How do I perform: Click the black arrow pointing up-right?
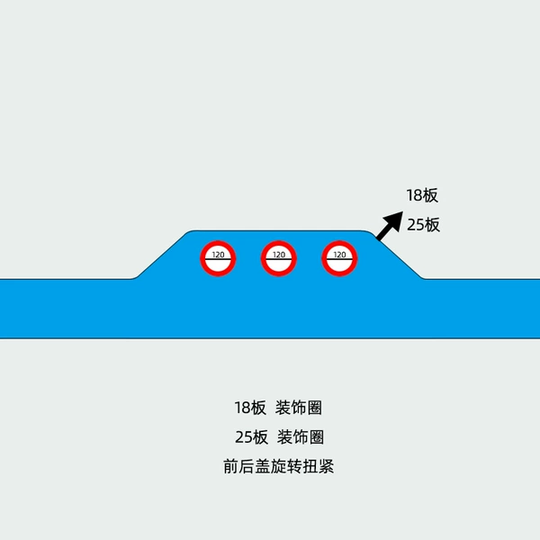[390, 226]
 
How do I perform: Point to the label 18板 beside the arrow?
[422, 195]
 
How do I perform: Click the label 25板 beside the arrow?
[423, 225]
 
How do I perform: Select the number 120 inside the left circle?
[218, 255]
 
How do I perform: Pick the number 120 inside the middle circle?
[279, 255]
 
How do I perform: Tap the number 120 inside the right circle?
[339, 255]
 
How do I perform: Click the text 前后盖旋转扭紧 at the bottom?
[279, 466]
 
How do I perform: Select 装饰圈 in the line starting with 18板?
[299, 408]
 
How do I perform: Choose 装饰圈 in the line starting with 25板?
[301, 437]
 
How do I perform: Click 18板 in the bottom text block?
[250, 408]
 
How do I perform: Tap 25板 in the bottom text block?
[251, 437]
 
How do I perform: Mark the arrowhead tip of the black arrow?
[403, 211]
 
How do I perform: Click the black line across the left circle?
[218, 259]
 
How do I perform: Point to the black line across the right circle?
[339, 259]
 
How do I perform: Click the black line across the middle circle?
[279, 259]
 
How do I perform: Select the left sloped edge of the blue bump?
[161, 256]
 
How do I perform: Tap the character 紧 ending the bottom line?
[326, 466]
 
